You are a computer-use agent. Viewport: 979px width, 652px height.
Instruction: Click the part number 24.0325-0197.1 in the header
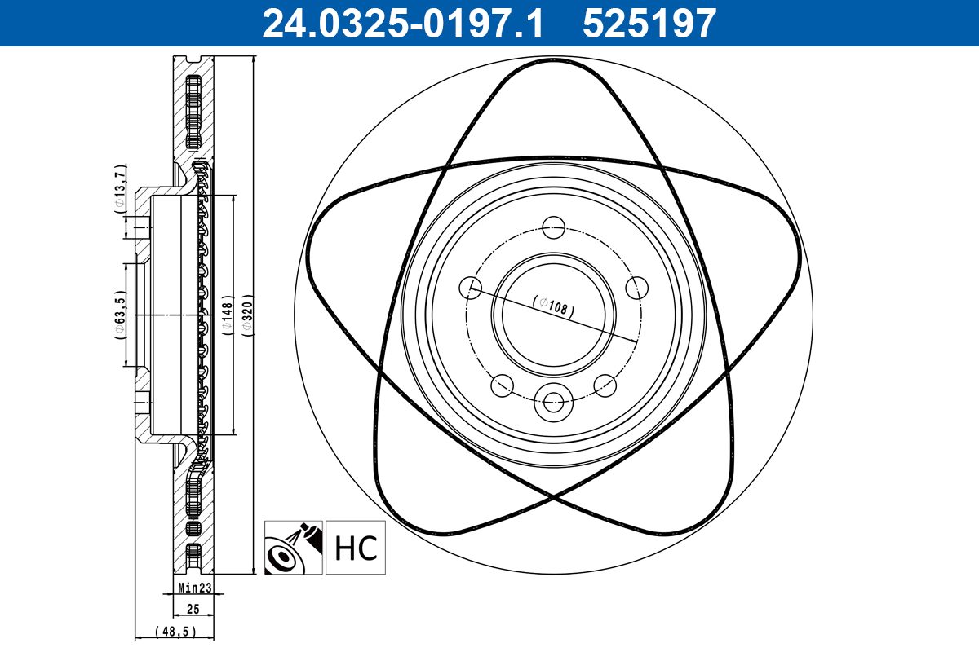coord(402,24)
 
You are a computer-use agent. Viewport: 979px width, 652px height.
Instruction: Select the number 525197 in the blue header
coord(649,24)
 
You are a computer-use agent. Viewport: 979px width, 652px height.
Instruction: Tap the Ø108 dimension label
coord(554,306)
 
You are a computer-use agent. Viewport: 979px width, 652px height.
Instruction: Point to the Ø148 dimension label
coord(228,315)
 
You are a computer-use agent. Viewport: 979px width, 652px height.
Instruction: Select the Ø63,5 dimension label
coord(120,315)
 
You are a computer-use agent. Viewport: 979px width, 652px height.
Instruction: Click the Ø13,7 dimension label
coord(120,189)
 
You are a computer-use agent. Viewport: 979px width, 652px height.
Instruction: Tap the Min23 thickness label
coord(195,588)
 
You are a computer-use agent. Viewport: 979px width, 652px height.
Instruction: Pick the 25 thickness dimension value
coord(193,608)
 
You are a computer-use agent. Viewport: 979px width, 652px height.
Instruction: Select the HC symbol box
coord(356,547)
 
